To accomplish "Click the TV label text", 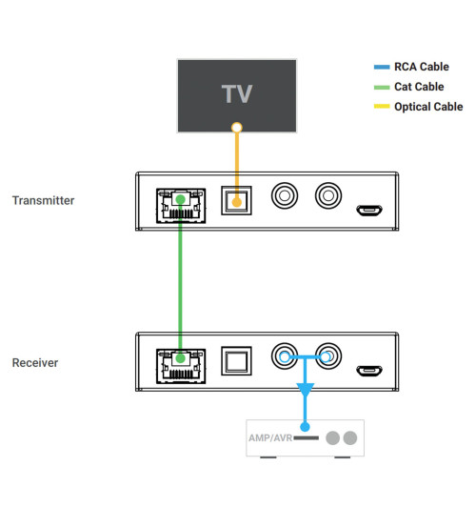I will [x=236, y=93].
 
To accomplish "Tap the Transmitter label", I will [x=43, y=200].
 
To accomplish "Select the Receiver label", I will [x=35, y=363].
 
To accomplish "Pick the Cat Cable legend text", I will [x=419, y=87].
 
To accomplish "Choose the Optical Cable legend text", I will [x=428, y=107].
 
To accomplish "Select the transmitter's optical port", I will [x=236, y=198].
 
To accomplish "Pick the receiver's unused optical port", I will [x=236, y=359].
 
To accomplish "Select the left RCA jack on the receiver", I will [x=283, y=358].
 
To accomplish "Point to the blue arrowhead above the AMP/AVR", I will [x=305, y=392].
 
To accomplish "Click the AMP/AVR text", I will [x=269, y=439].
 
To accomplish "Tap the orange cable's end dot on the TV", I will [x=236, y=127].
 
